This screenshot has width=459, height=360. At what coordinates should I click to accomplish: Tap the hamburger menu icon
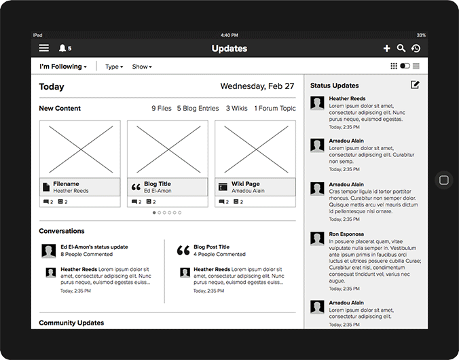coord(44,48)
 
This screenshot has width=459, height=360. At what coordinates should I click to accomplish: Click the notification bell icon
coord(62,48)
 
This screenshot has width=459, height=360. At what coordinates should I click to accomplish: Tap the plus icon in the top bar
coord(387,48)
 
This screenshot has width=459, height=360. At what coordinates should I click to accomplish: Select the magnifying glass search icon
coord(401,48)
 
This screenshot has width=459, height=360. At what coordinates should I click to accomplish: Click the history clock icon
coord(416,48)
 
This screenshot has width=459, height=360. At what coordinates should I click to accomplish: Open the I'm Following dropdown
coord(63,67)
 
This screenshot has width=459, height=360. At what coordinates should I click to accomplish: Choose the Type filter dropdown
coord(114,67)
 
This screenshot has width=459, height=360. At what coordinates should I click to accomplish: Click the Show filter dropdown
coord(142,67)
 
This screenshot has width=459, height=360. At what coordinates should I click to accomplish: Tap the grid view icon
coord(394,66)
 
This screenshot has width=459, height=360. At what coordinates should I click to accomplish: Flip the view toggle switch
coord(405,66)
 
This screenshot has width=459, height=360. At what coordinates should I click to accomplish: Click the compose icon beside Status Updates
coord(415,85)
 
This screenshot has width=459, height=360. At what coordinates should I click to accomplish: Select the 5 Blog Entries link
coord(198,109)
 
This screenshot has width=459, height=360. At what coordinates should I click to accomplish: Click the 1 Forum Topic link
coord(275,109)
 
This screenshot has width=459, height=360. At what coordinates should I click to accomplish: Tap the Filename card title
coord(66,184)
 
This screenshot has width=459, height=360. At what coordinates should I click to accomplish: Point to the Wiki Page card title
coord(246,184)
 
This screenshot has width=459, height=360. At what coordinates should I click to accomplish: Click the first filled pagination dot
coord(154,213)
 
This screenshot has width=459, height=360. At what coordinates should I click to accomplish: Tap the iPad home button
coord(444,180)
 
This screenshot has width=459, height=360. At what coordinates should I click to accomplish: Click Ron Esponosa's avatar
coord(317,238)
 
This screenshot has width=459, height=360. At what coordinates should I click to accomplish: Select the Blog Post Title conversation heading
coord(212,247)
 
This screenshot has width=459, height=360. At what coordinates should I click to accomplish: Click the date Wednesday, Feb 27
coord(257,86)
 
